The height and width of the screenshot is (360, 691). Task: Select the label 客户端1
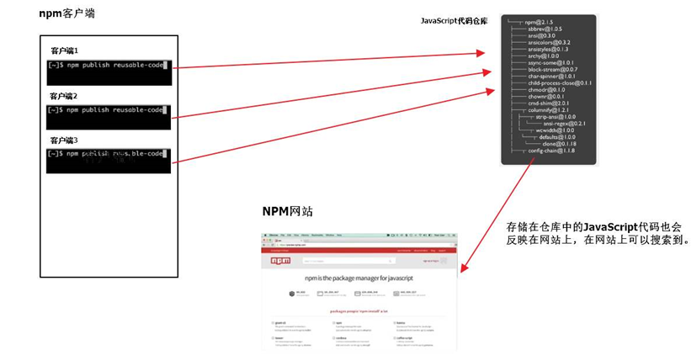tap(64, 52)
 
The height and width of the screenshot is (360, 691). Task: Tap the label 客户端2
tap(64, 96)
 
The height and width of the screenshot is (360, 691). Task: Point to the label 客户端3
tap(64, 140)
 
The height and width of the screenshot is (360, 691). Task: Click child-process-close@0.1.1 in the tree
tap(560, 83)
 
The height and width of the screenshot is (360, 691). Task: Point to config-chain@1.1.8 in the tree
tap(550, 151)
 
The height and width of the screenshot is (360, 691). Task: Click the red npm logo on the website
tap(280, 262)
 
